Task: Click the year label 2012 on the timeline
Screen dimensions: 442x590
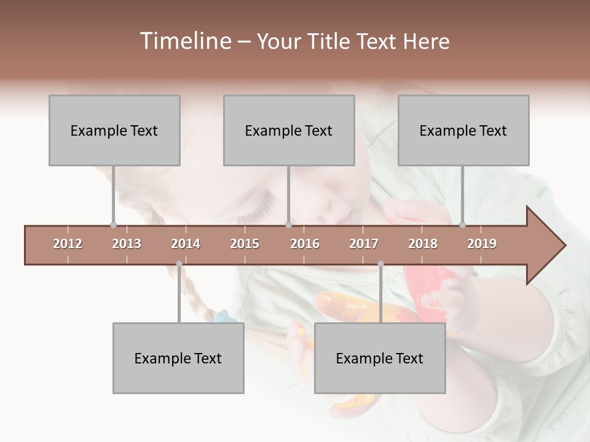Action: point(68,244)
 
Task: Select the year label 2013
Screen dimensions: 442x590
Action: point(127,244)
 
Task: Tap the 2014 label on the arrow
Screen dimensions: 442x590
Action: point(186,244)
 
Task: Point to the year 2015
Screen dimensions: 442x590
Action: point(245,244)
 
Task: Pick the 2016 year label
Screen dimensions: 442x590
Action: point(305,244)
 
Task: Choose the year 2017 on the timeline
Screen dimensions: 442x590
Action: point(364,244)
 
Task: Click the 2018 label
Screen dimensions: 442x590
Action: point(423,244)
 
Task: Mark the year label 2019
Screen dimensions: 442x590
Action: point(482,244)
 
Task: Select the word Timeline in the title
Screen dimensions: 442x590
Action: point(184,41)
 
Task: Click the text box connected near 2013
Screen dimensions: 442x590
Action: point(114,130)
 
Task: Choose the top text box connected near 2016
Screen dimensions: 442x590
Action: point(289,130)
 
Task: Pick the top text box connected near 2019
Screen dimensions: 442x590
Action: point(463,130)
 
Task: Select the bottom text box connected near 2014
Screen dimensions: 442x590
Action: point(178,358)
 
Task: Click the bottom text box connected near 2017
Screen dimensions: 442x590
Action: point(380,358)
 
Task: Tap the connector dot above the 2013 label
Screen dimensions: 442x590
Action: point(113,225)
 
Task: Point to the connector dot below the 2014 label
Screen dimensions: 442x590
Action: point(179,264)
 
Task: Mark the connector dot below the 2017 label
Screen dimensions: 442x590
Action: point(380,264)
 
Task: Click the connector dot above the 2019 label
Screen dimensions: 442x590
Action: point(463,225)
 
